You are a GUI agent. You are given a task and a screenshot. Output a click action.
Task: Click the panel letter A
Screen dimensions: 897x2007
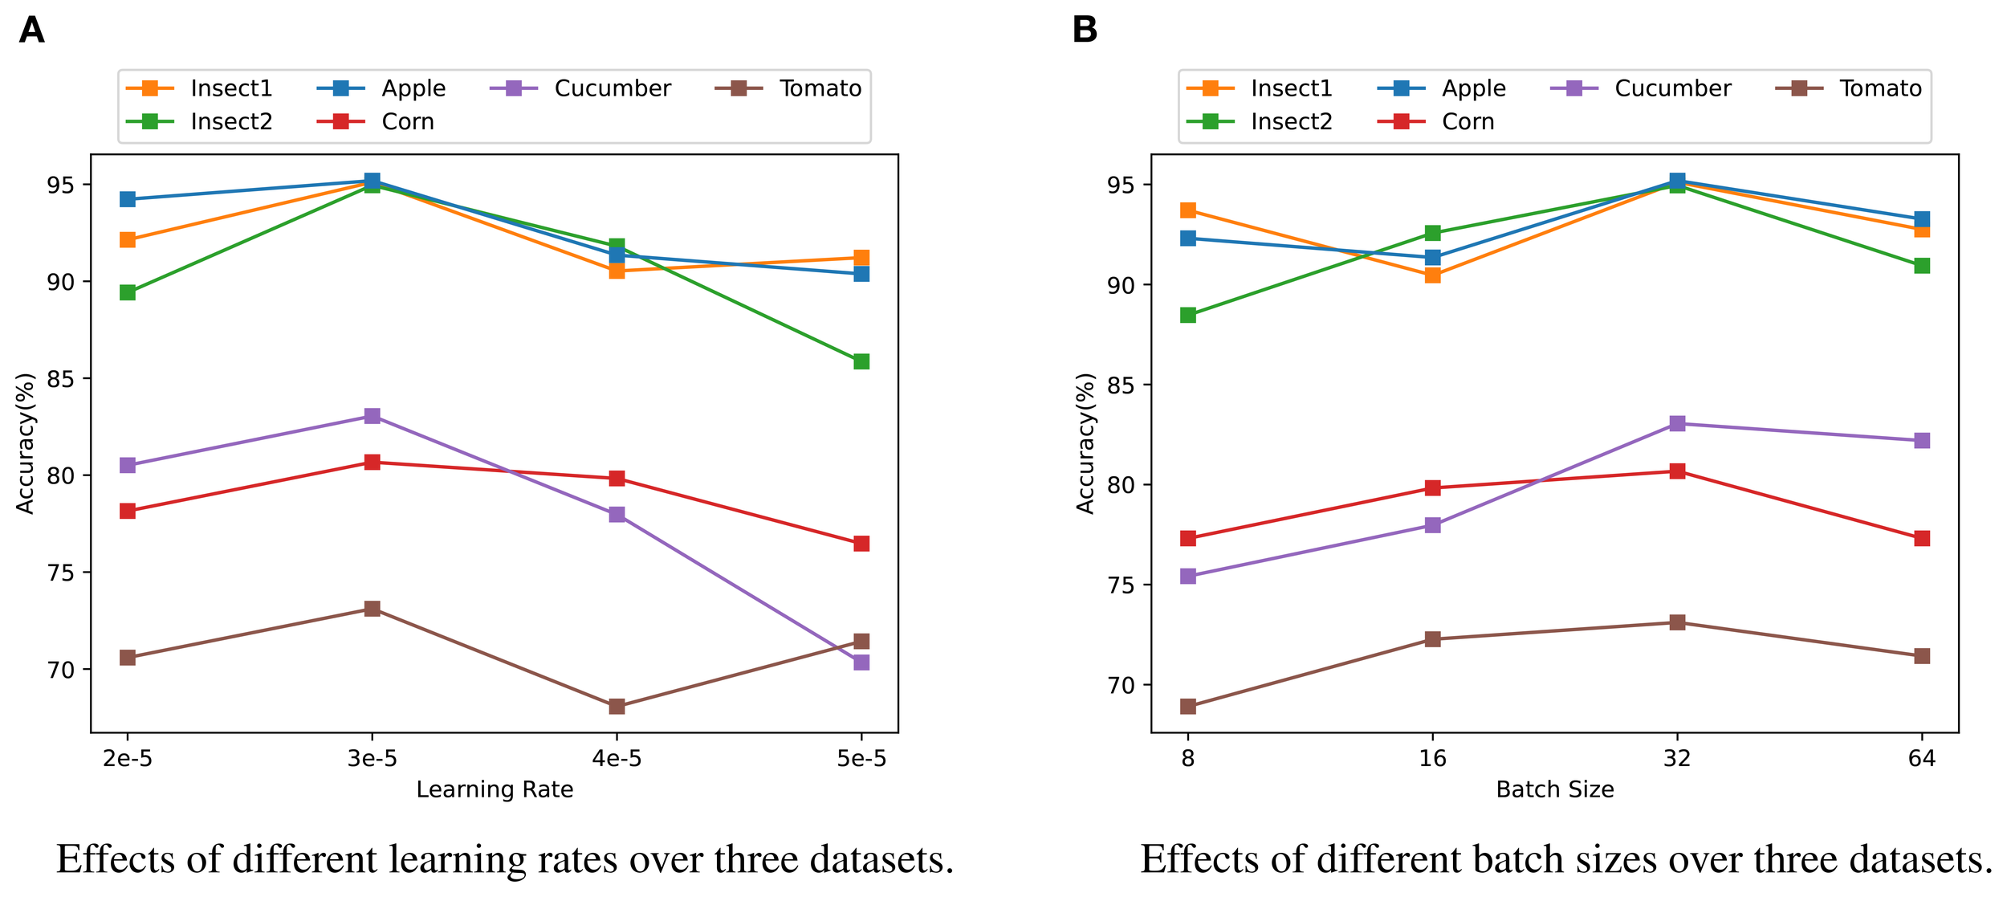[x=31, y=31]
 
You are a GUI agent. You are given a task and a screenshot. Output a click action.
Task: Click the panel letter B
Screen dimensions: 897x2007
[x=1085, y=31]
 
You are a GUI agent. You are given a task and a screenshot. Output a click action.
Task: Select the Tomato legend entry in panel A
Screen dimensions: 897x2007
[x=820, y=88]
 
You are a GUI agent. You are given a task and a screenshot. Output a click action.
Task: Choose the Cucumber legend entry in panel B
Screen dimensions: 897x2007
[x=1672, y=88]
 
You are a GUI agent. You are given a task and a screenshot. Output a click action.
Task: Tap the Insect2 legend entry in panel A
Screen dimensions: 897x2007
[x=231, y=122]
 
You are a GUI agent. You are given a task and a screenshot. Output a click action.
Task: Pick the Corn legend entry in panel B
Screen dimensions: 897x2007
[x=1468, y=122]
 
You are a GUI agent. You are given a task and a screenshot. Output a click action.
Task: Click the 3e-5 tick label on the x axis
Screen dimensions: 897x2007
[x=372, y=759]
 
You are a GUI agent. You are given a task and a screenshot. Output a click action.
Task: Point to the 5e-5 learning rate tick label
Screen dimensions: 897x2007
[x=861, y=759]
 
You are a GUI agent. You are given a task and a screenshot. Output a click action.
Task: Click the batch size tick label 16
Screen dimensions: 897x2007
[x=1432, y=759]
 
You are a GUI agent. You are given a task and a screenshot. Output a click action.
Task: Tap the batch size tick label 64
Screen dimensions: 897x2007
[x=1921, y=759]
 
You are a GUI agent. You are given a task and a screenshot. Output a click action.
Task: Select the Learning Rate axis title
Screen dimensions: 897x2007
[x=495, y=790]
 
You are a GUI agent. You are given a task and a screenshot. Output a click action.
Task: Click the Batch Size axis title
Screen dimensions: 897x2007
[x=1554, y=790]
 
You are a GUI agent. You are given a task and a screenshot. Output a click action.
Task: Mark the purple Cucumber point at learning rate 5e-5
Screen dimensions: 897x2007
[x=861, y=663]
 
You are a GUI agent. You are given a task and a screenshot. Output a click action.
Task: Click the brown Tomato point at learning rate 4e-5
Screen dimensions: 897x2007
[x=617, y=707]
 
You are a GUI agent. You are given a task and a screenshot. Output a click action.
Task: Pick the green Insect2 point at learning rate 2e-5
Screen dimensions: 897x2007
[x=128, y=292]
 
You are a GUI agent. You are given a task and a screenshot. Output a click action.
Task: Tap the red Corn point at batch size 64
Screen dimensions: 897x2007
[x=1921, y=538]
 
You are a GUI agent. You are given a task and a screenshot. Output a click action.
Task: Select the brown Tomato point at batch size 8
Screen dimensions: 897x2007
[x=1188, y=707]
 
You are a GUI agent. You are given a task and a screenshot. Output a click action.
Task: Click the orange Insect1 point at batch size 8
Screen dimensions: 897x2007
[x=1188, y=210]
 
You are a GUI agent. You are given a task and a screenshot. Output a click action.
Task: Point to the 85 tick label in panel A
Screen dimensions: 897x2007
[x=61, y=379]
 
